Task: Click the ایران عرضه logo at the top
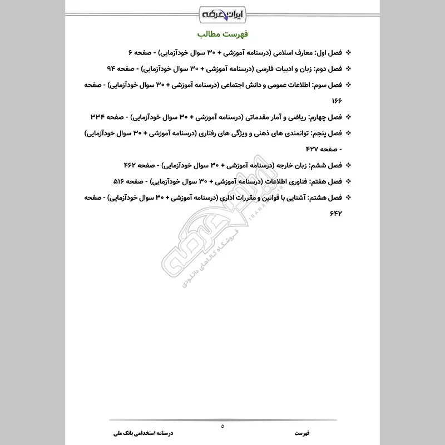[x=222, y=12]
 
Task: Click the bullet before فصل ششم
[x=349, y=165]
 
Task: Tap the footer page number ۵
[x=222, y=426]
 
